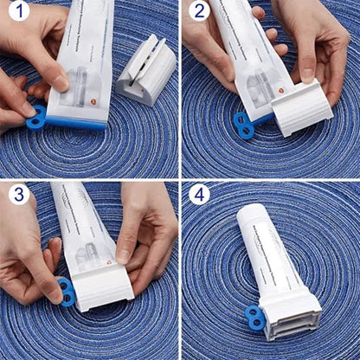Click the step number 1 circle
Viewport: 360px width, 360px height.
point(19,13)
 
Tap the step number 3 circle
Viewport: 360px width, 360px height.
point(19,194)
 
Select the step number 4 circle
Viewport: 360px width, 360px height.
point(199,194)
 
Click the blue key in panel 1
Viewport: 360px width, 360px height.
point(36,117)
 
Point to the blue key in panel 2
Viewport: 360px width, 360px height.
point(243,126)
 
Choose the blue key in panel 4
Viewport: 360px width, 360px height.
point(255,318)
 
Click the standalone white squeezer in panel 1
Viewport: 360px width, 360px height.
point(146,69)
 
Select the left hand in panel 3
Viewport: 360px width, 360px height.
point(26,260)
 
